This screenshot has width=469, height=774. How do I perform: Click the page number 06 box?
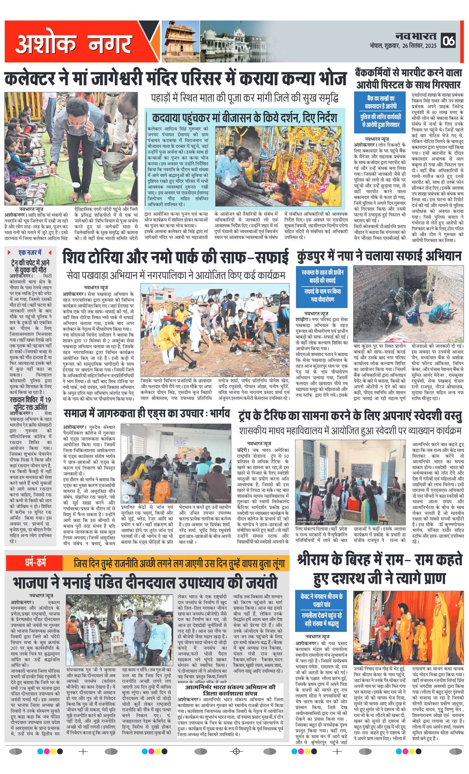(x=448, y=40)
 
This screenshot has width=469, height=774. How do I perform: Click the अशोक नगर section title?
(x=73, y=43)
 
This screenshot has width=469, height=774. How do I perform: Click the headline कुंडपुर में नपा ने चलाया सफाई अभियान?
(x=379, y=256)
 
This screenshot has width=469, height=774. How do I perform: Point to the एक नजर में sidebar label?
(x=30, y=253)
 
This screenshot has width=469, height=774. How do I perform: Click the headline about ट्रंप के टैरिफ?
(x=350, y=416)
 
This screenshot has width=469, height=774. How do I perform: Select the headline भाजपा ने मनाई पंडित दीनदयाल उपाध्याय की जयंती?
(x=145, y=581)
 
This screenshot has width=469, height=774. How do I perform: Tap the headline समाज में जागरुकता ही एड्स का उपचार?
(x=147, y=414)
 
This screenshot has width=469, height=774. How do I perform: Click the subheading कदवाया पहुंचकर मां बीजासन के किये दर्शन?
(x=244, y=118)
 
